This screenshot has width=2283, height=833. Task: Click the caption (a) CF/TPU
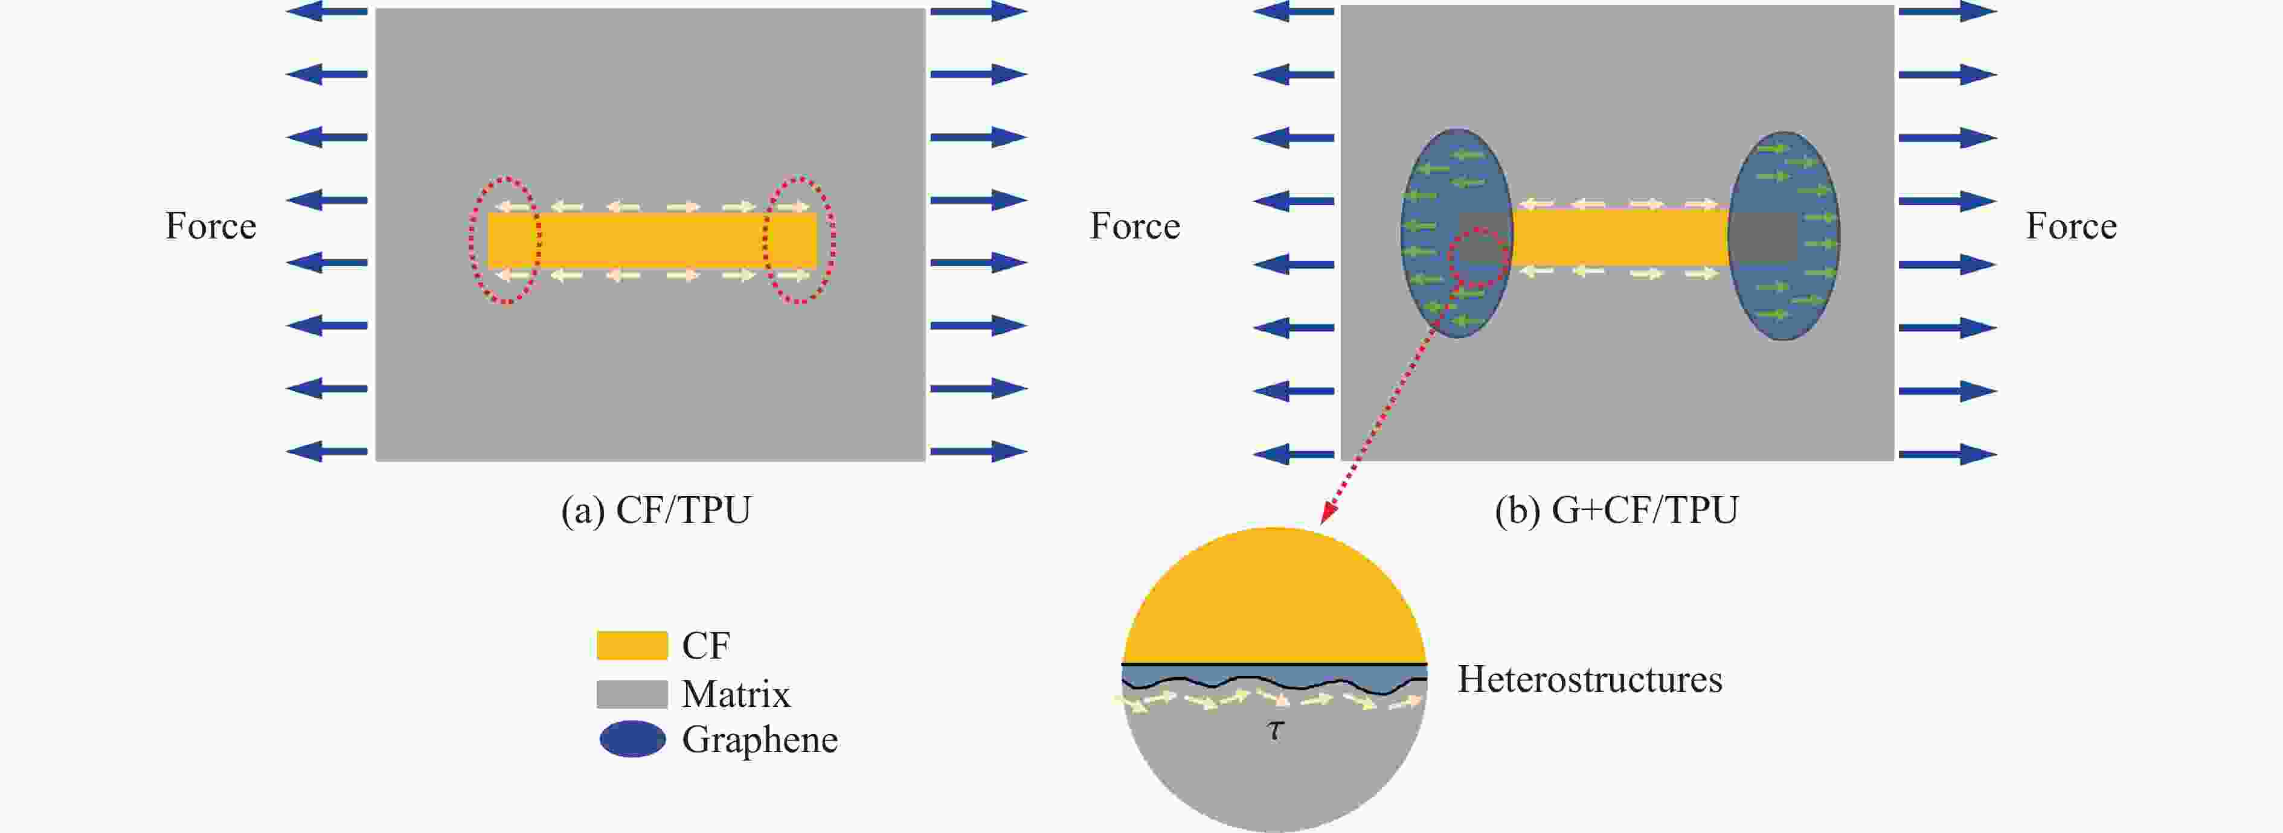pos(656,511)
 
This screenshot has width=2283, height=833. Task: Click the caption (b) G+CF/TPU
pos(1617,511)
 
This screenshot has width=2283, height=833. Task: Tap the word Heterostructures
pos(1590,680)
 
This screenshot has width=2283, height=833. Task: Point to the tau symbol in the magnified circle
pos(1274,730)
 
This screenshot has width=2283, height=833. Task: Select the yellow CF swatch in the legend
pos(631,645)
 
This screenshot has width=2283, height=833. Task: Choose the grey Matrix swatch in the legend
pos(631,694)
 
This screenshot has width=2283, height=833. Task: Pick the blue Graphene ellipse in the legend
pos(632,739)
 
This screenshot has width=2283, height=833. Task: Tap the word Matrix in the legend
pos(736,694)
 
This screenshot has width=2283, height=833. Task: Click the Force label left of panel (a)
pos(211,226)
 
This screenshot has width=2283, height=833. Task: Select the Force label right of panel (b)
pos(2071,226)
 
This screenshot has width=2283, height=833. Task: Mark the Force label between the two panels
pos(1134,226)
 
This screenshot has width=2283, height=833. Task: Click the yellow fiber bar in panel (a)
pos(652,240)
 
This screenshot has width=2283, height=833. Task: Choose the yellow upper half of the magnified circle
pos(1274,602)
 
